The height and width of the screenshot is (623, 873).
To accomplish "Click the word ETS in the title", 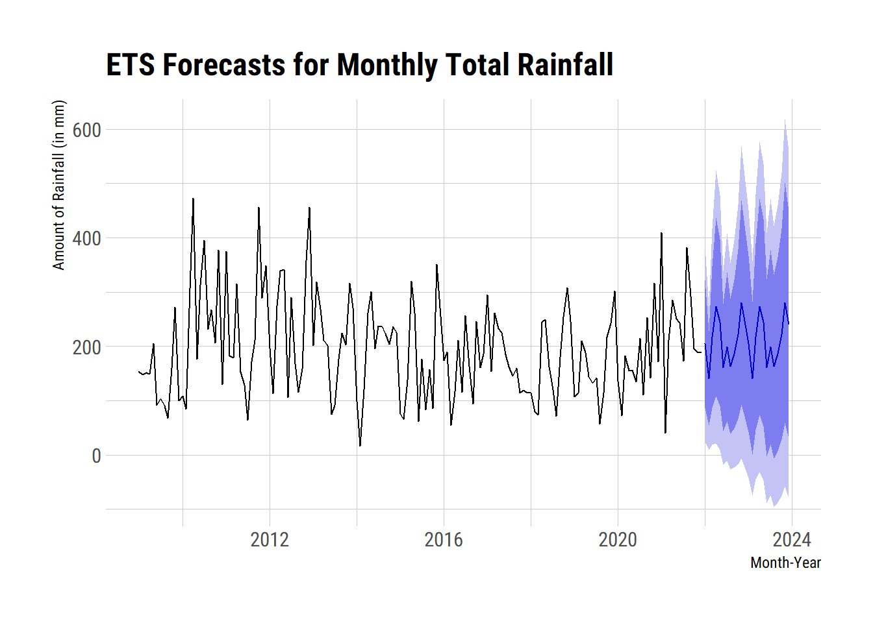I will coord(131,65).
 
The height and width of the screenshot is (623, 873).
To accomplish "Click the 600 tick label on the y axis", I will coord(86,130).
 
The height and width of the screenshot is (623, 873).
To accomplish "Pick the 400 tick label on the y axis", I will coord(86,238).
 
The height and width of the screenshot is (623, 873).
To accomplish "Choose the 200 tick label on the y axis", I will coord(86,347).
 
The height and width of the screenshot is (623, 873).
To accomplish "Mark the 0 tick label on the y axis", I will coord(96,456).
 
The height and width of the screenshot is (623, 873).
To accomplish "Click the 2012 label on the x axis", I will coord(270,539).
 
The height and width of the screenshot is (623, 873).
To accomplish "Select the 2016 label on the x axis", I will coord(444,539).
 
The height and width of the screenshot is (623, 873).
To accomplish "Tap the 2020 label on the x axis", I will coord(618,539).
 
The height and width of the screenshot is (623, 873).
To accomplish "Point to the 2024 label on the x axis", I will coord(792,539).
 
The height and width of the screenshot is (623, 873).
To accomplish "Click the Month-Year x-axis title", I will coord(785,563).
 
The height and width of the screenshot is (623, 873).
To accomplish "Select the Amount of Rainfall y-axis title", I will coord(59,185).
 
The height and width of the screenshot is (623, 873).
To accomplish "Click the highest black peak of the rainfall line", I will coord(193,199).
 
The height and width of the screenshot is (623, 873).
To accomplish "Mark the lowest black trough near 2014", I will coord(360,445).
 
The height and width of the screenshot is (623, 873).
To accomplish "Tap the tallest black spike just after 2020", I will coord(661,233).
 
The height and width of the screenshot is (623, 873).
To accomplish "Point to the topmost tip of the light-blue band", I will coord(785,119).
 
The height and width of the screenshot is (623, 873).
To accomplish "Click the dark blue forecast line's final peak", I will coord(785,303).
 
